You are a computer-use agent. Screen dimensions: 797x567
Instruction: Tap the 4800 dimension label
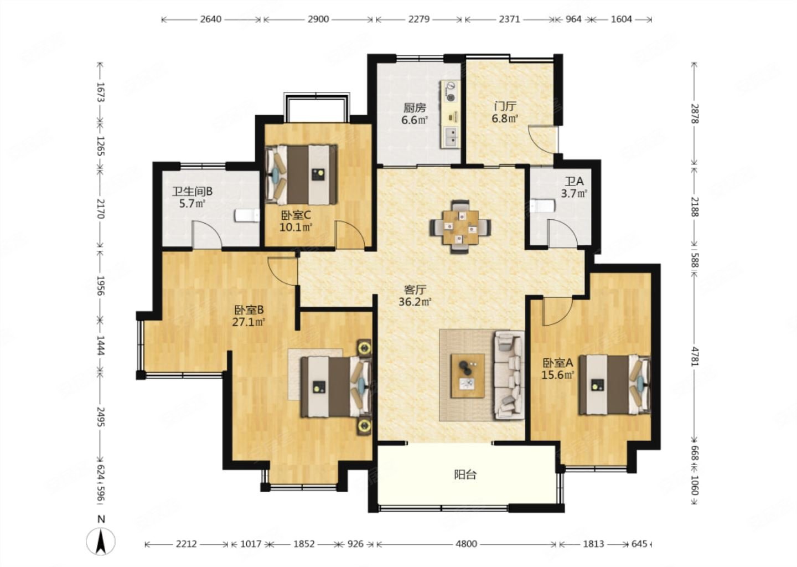coord(466,544)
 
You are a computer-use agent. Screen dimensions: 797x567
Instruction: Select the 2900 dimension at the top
coord(318,19)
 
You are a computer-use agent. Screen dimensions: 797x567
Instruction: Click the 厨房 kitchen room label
coord(415,107)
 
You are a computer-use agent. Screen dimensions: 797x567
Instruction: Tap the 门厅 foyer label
coord(505,106)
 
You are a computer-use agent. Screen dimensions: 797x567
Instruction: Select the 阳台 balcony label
coord(465,475)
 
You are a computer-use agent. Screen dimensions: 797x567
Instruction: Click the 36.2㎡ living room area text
coord(415,302)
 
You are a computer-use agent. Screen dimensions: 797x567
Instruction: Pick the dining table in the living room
coord(460,227)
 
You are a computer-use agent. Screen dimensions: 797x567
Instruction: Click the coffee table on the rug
coord(468,376)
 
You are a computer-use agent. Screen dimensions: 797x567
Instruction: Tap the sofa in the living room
coord(509,375)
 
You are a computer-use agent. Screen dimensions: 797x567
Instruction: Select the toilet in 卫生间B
coord(247,215)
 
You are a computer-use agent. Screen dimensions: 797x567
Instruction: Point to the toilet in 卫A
coord(542,206)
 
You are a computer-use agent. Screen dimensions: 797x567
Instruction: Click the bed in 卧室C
coord(302,174)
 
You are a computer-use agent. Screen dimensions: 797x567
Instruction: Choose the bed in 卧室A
coord(614,385)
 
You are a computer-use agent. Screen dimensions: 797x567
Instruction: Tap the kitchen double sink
coord(451,137)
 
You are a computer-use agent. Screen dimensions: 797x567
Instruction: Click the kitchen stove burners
coord(451,91)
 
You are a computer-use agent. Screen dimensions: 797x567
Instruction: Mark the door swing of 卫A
coord(562,233)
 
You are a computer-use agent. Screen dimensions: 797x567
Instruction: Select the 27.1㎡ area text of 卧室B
coord(249,322)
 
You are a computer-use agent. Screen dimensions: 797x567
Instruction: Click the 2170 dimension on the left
coord(101,209)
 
